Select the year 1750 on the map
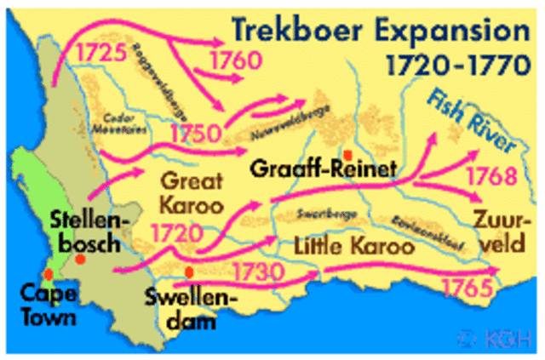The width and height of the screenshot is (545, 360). (x=198, y=134)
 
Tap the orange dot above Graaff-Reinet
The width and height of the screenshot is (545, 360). (x=347, y=154)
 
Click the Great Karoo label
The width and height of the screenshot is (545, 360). (x=191, y=193)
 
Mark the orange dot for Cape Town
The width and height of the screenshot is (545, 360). (x=49, y=274)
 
